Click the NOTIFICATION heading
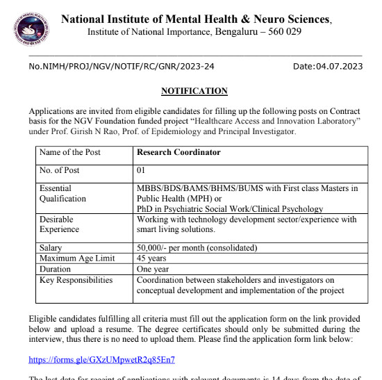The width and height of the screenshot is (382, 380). click(194, 91)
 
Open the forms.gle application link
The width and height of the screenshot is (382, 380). click(101, 360)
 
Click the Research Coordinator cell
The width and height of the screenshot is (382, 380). click(178, 152)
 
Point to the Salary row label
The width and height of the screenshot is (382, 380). click(51, 248)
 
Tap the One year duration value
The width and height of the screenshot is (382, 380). click(153, 269)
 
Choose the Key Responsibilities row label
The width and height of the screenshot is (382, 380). click(76, 280)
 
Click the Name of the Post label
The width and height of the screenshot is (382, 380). click(69, 152)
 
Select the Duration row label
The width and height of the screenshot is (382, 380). click(56, 269)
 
